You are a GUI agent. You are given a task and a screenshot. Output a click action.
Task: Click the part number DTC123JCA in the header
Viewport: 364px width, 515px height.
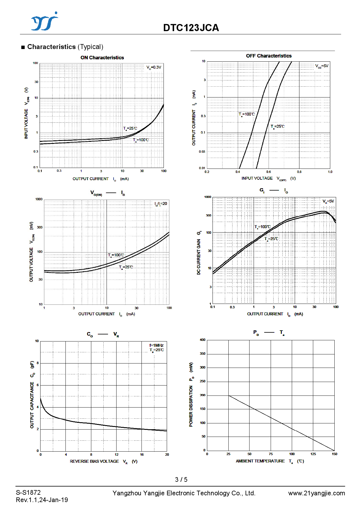[x=191, y=28]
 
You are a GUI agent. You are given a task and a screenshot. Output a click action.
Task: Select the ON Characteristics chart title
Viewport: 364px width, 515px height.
[x=102, y=58]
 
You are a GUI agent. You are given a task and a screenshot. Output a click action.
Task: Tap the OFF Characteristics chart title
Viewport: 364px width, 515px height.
[x=269, y=56]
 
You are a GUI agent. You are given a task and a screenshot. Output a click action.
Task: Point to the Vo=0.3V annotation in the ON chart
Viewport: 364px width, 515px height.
[x=154, y=68]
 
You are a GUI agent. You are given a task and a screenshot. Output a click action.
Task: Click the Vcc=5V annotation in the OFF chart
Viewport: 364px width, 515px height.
[x=322, y=66]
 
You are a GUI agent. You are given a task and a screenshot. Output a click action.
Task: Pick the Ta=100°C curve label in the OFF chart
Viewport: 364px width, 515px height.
[x=247, y=114]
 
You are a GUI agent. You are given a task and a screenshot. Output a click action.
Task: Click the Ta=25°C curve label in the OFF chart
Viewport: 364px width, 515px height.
[x=277, y=127]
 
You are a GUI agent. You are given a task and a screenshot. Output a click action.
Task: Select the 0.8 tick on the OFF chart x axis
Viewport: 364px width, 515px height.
[x=299, y=172]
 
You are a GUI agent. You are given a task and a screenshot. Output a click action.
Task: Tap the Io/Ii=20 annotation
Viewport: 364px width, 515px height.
[x=161, y=204]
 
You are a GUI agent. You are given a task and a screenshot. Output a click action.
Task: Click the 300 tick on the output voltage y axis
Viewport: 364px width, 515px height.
[x=40, y=227]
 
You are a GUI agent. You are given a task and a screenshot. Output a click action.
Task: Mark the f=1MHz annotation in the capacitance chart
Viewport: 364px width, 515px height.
[x=156, y=345]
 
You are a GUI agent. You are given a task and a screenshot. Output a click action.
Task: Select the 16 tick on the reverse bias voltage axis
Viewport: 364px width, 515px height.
[x=142, y=455]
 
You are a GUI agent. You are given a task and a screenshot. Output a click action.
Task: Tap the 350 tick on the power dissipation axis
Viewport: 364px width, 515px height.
[x=203, y=354]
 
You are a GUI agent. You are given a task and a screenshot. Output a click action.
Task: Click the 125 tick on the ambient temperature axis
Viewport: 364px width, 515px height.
[x=313, y=454]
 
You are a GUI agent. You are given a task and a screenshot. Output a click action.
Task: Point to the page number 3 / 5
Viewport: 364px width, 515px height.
[x=181, y=480]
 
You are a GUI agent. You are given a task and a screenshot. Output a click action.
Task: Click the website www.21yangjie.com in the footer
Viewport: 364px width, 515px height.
[x=316, y=493]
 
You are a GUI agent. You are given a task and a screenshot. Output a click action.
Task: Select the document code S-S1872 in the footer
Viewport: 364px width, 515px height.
[x=28, y=493]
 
